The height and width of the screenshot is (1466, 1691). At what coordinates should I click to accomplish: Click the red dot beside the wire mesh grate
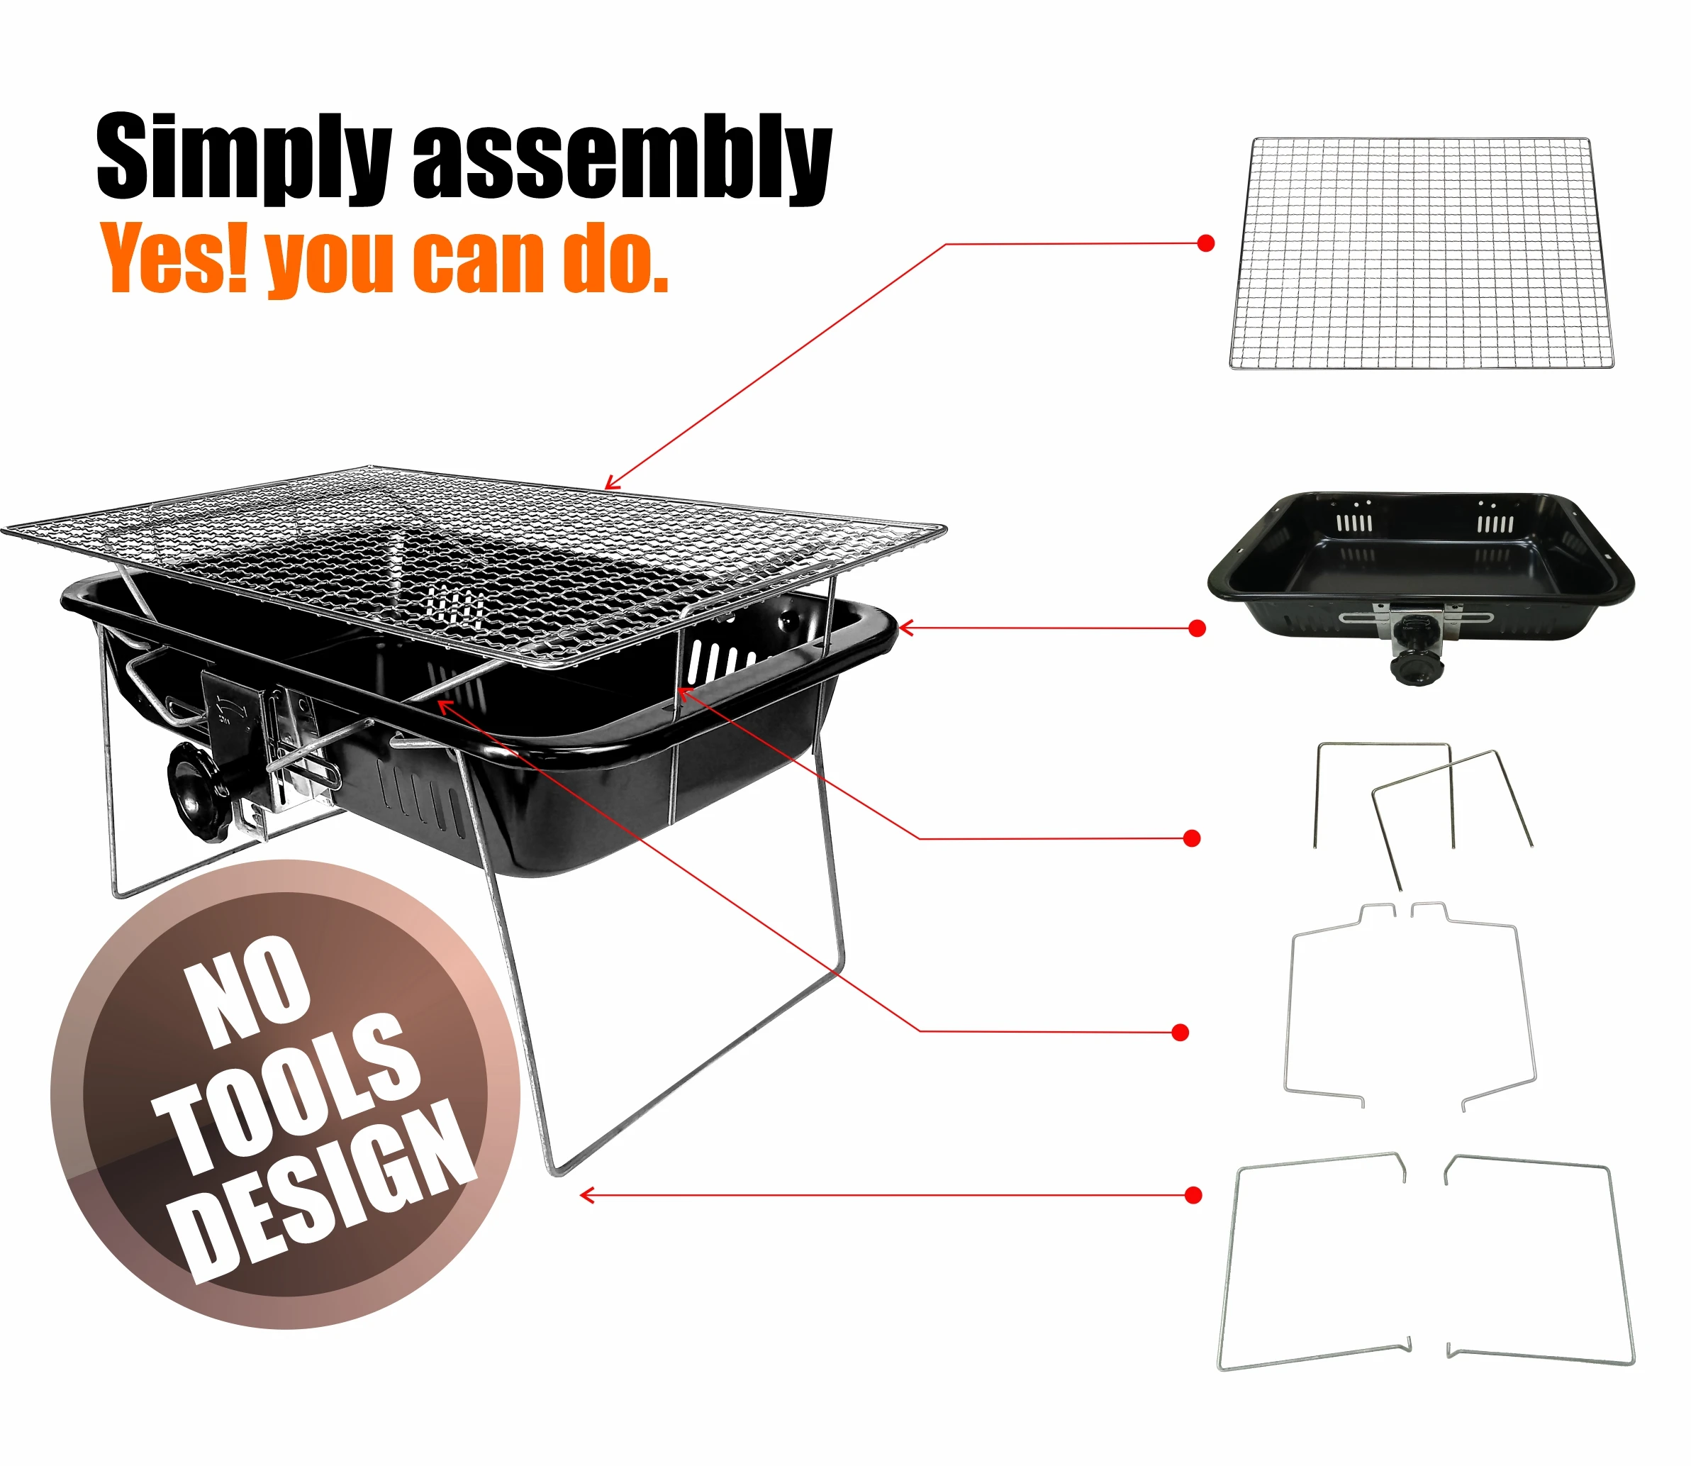1205,243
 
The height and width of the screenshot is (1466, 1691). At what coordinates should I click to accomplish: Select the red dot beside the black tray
1197,628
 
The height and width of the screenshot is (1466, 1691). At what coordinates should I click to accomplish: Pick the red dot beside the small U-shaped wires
1192,838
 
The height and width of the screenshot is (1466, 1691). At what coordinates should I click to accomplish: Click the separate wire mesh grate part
1421,254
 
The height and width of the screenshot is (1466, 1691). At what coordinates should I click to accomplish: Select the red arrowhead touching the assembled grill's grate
609,484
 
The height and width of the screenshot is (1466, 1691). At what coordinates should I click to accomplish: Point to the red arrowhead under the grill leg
586,1196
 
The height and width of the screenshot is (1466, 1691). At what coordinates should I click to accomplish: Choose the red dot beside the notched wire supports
1180,1033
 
